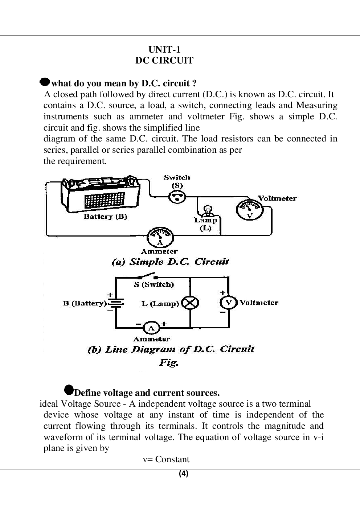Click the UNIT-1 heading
[x=164, y=49]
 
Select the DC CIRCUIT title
[x=164, y=61]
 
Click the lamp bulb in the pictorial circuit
[x=208, y=210]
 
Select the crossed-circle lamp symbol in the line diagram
[x=190, y=303]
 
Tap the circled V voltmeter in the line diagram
[x=229, y=303]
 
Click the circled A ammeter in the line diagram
[x=151, y=328]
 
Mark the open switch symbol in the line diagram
[x=148, y=276]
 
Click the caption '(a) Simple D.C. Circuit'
[x=170, y=262]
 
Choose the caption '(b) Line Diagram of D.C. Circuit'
[x=171, y=349]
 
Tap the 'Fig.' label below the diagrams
[x=169, y=362]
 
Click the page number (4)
[x=183, y=474]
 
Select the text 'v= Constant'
[x=166, y=460]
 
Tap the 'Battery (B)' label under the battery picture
[x=105, y=217]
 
